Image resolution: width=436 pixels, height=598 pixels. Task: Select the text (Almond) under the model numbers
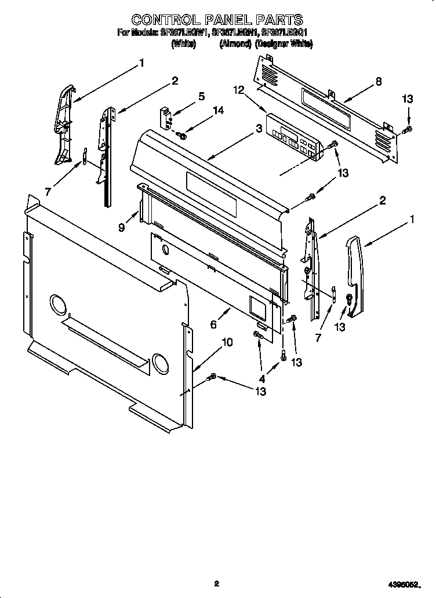click(235, 44)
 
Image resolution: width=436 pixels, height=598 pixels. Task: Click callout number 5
click(202, 97)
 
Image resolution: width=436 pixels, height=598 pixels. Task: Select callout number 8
click(378, 82)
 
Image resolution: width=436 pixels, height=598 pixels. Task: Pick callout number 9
click(122, 228)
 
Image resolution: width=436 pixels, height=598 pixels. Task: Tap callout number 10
click(227, 342)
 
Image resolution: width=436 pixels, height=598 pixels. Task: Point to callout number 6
click(213, 325)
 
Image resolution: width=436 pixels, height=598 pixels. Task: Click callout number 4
click(261, 379)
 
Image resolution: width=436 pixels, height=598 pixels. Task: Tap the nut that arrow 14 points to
click(183, 136)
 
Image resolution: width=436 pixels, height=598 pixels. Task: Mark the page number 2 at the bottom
click(216, 584)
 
